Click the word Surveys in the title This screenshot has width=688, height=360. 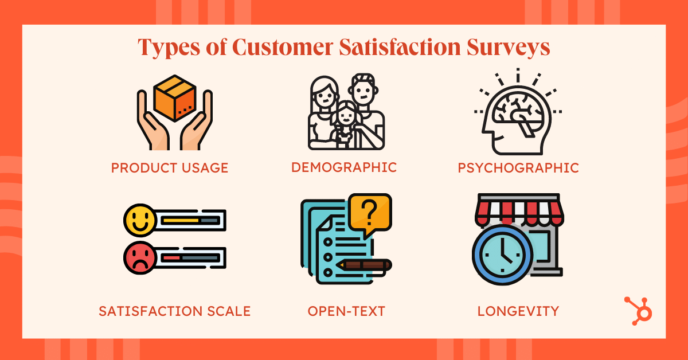[x=508, y=48]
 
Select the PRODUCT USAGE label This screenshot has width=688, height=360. [x=170, y=168]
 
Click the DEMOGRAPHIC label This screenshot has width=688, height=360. [x=344, y=167]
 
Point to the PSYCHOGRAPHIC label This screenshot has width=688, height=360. [x=518, y=168]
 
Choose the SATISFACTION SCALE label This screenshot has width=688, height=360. [x=174, y=311]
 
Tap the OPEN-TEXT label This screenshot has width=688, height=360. [x=346, y=311]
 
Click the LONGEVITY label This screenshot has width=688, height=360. [x=518, y=311]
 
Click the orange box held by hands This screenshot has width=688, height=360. [x=175, y=98]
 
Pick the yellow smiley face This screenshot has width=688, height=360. [x=140, y=220]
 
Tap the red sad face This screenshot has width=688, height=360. [x=140, y=258]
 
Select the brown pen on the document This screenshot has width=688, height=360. [x=364, y=265]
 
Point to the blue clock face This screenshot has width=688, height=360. [x=502, y=255]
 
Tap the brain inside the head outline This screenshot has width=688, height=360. [x=518, y=113]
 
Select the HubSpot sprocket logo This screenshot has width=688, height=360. [x=638, y=311]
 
